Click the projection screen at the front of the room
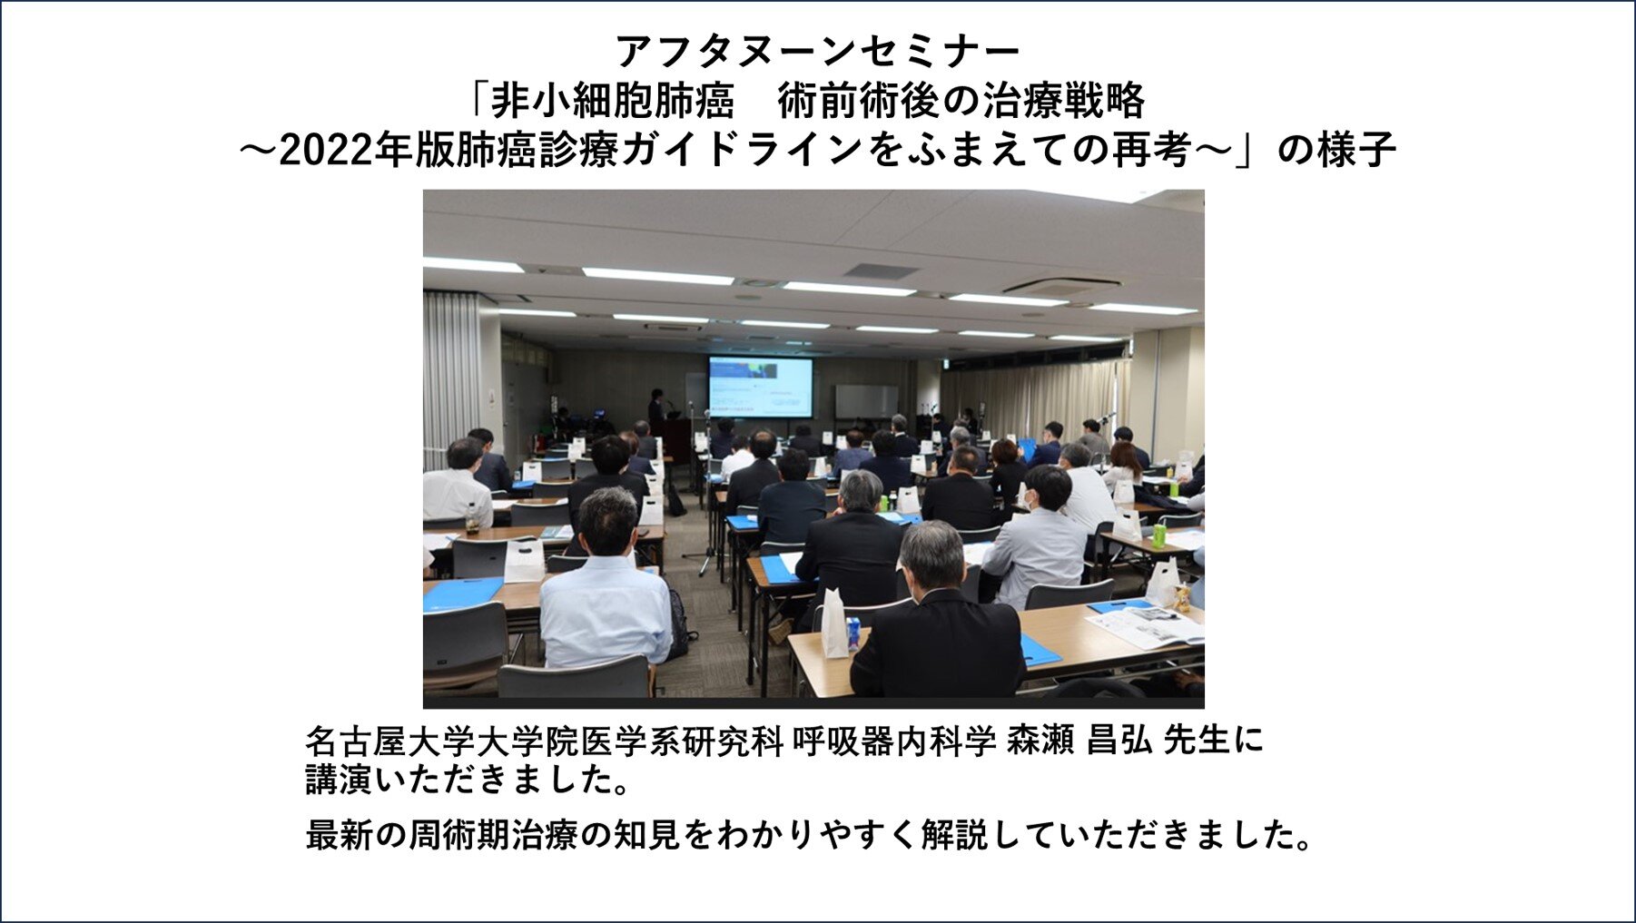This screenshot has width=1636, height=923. tap(761, 387)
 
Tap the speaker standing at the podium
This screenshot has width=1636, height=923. tap(656, 409)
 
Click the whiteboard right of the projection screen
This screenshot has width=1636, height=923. tap(866, 401)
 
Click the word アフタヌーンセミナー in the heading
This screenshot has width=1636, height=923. tap(818, 51)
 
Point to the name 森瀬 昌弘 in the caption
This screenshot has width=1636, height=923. tap(1079, 741)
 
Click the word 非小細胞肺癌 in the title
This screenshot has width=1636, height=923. tap(613, 101)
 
